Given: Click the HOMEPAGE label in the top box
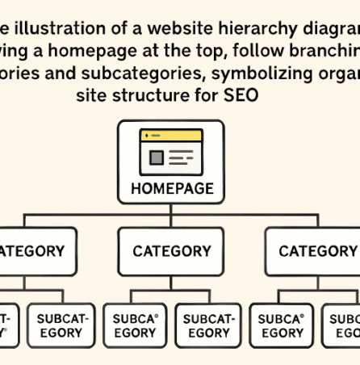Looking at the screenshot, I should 171,189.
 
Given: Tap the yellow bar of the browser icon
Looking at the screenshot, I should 171,136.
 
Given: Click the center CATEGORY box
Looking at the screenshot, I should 171,251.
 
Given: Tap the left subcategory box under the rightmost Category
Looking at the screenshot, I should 281,325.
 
